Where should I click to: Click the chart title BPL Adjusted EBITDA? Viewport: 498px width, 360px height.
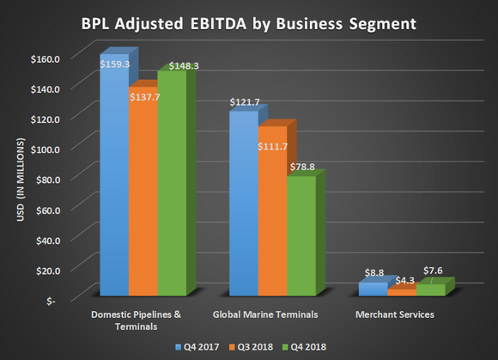(x=249, y=19)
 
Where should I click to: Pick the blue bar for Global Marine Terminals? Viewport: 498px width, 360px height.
(x=243, y=206)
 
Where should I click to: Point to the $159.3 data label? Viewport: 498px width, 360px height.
(x=114, y=63)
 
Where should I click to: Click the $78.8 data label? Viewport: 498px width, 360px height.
(x=301, y=168)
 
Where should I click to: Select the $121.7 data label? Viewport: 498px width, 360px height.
(x=244, y=103)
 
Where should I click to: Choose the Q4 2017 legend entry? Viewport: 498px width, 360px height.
(x=197, y=346)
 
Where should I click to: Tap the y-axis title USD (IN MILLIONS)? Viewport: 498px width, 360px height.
(x=27, y=179)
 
